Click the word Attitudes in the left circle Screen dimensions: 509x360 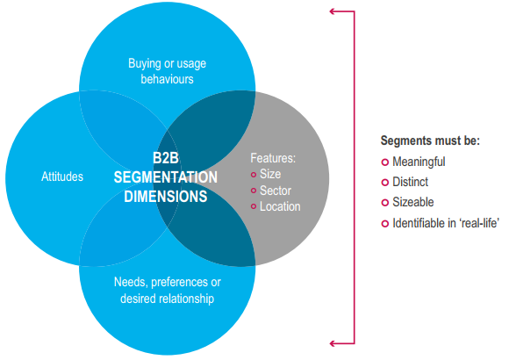click(62, 176)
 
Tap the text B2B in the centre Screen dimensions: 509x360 click(166, 158)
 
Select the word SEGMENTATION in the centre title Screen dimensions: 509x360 click(166, 177)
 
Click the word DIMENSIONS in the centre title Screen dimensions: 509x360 click(166, 197)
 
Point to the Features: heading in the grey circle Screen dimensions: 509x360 click(273, 158)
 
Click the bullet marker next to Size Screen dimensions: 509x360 click(254, 175)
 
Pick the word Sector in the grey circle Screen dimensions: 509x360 click(276, 191)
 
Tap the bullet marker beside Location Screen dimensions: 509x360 click(254, 206)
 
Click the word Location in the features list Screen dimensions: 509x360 click(280, 206)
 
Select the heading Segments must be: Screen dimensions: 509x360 click(430, 140)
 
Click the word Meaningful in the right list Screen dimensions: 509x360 click(419, 162)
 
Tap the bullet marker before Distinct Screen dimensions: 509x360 click(385, 183)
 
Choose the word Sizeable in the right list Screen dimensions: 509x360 click(413, 202)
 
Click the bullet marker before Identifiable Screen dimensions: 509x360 click(385, 224)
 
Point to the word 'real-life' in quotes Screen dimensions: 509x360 click(479, 223)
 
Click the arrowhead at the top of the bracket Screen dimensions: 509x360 click(332, 11)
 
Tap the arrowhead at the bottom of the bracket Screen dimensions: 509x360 click(332, 343)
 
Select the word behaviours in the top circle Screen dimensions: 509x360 click(167, 79)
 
